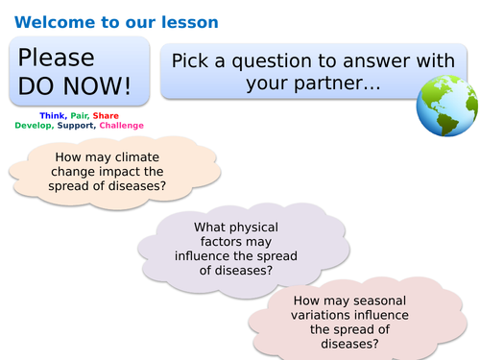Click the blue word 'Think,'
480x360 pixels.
click(53, 115)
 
